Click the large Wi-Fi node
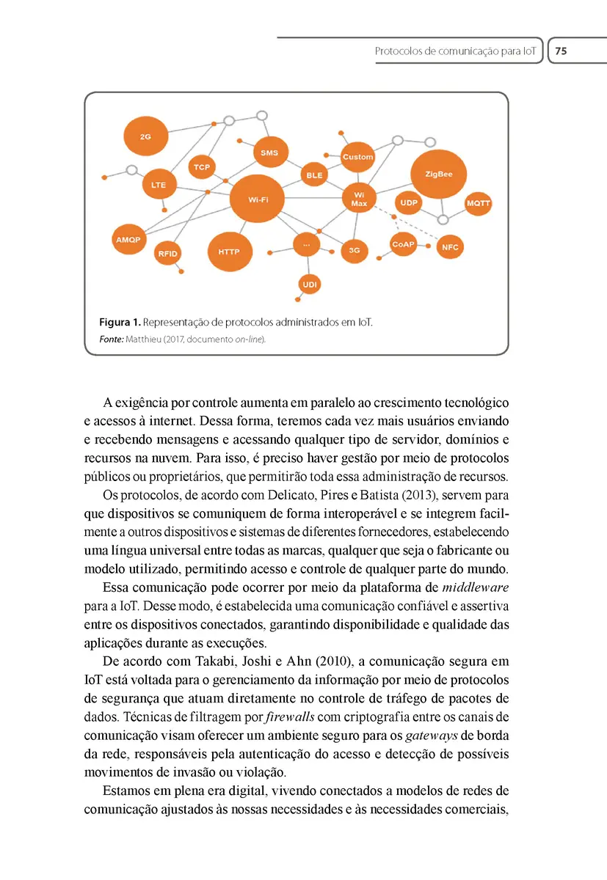tap(258, 199)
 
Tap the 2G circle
tap(145, 136)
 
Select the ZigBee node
tap(439, 175)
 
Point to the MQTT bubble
tap(478, 203)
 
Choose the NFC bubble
tap(450, 247)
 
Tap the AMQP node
tap(128, 240)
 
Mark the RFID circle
tap(168, 254)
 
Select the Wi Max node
tap(359, 199)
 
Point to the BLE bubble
tap(314, 175)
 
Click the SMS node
tap(269, 153)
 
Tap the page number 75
tap(561, 51)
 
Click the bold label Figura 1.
tap(119, 323)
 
